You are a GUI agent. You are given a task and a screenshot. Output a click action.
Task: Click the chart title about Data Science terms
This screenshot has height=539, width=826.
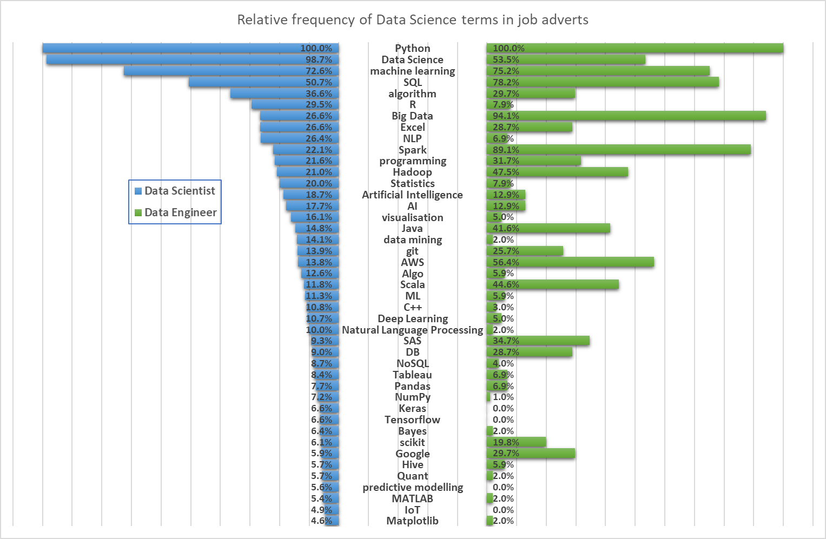413,20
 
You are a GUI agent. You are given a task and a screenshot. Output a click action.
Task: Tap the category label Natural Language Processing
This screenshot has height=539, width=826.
412,330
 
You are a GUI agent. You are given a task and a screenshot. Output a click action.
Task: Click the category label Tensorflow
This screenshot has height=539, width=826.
412,420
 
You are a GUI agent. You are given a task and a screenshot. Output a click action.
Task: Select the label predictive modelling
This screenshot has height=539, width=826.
413,487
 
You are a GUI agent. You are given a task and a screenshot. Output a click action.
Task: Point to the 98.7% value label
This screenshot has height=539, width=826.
319,59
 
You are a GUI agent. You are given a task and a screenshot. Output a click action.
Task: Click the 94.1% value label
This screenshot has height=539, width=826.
506,116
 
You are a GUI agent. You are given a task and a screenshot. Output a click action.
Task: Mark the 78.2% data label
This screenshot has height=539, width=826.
506,82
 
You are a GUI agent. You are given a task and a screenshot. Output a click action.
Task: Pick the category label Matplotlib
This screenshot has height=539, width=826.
412,521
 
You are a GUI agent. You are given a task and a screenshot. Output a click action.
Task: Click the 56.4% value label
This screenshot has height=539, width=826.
506,262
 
